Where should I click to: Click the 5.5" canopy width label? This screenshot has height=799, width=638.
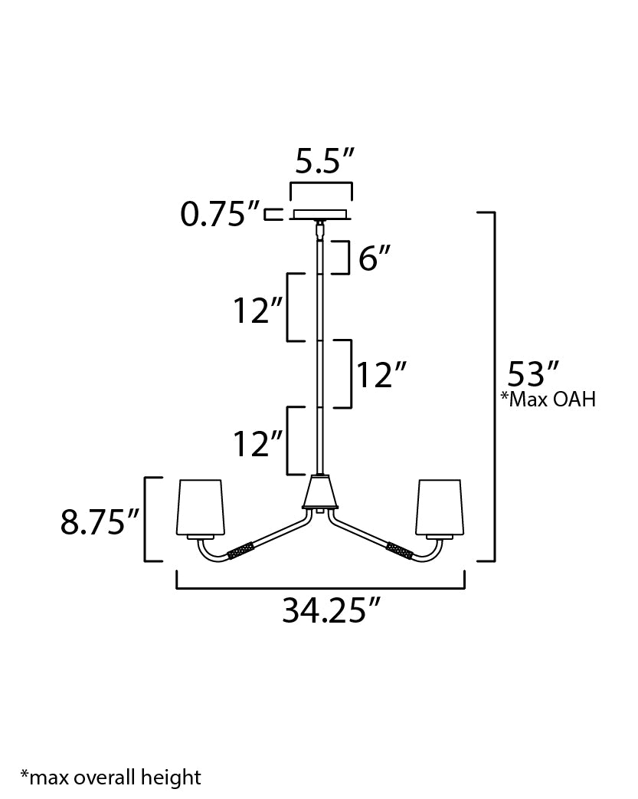pyautogui.click(x=325, y=163)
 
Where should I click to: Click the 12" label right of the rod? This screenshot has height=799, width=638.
pyautogui.click(x=379, y=376)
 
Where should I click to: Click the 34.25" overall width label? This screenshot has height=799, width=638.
pyautogui.click(x=331, y=611)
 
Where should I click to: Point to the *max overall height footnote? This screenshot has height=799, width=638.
pyautogui.click(x=110, y=778)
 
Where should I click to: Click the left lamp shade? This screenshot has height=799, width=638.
pyautogui.click(x=201, y=507)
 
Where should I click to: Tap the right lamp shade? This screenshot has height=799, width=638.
pyautogui.click(x=439, y=507)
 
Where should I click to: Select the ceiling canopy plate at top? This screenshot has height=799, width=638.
pyautogui.click(x=319, y=214)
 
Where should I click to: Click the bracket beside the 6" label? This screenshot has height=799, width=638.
pyautogui.click(x=343, y=258)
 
